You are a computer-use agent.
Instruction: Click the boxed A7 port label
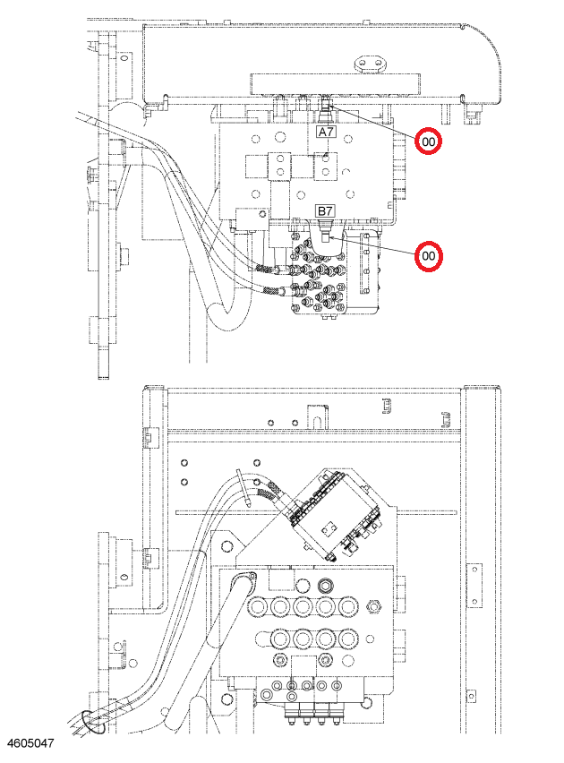[x=326, y=132]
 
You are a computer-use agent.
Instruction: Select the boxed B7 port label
[x=325, y=211]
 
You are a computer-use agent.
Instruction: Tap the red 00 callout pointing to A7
[x=428, y=141]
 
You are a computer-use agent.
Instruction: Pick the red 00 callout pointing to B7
[x=428, y=256]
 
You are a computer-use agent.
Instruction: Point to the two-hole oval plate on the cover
[x=370, y=64]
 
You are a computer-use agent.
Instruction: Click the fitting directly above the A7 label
[x=326, y=110]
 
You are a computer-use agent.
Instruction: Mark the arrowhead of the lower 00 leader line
[x=329, y=237]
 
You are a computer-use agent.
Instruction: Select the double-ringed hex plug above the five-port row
[x=325, y=585]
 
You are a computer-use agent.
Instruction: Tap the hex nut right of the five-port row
[x=374, y=607]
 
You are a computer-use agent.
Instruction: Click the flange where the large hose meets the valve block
[x=244, y=580]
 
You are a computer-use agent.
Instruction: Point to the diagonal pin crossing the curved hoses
[x=244, y=487]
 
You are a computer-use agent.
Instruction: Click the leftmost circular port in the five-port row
[x=257, y=607]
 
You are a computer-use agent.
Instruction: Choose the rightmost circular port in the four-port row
[x=347, y=638]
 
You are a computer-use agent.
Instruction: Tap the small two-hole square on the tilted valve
[x=329, y=527]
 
